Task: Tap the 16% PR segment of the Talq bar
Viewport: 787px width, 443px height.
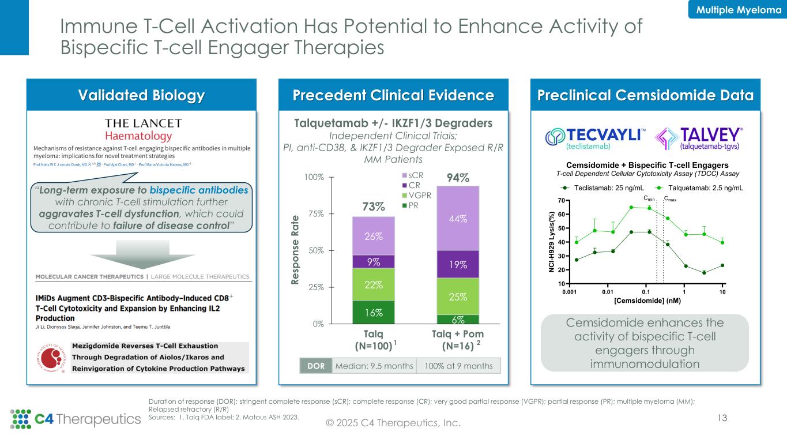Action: point(373,312)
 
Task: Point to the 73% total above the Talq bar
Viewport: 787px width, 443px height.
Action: point(374,207)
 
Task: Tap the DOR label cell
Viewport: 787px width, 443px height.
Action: point(316,366)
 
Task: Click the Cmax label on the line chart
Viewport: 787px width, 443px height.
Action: point(670,199)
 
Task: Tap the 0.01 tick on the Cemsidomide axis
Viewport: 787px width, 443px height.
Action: point(607,292)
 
